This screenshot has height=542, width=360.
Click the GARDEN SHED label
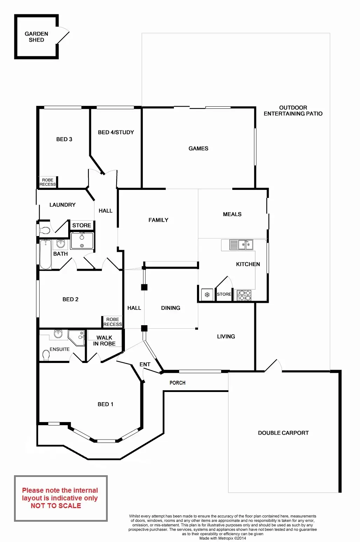pyautogui.click(x=36, y=37)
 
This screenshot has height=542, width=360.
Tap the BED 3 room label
pyautogui.click(x=64, y=139)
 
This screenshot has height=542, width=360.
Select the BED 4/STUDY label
pyautogui.click(x=116, y=132)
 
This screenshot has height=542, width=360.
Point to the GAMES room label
pyautogui.click(x=198, y=148)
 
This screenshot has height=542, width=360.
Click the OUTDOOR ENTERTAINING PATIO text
pyautogui.click(x=293, y=110)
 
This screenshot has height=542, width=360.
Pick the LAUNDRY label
pyautogui.click(x=62, y=205)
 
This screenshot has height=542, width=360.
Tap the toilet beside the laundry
pyautogui.click(x=44, y=230)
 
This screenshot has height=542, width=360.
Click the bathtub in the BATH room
pyautogui.click(x=45, y=254)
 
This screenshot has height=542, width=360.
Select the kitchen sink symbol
pyautogui.click(x=241, y=244)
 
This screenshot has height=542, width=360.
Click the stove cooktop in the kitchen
pyautogui.click(x=244, y=295)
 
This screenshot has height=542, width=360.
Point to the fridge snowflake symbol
pyautogui.click(x=207, y=294)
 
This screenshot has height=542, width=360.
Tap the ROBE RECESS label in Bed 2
pyautogui.click(x=113, y=322)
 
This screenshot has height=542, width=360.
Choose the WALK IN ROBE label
pyautogui.click(x=104, y=341)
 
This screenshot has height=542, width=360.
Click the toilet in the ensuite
pyautogui.click(x=46, y=355)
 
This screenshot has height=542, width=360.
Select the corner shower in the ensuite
pyautogui.click(x=77, y=337)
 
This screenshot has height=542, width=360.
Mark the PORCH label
pyautogui.click(x=177, y=383)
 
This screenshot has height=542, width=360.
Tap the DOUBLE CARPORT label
pyautogui.click(x=283, y=433)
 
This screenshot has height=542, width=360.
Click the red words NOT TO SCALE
pyautogui.click(x=56, y=506)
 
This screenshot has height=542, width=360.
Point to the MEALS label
pyautogui.click(x=232, y=214)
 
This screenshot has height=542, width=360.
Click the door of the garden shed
pyautogui.click(x=63, y=36)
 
